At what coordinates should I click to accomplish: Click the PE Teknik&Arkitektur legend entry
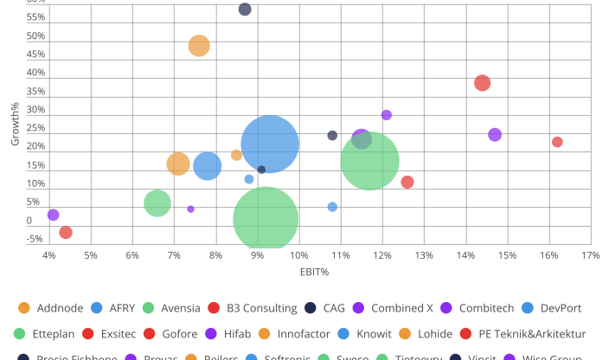[x=535, y=333]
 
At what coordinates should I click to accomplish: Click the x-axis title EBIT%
[x=315, y=272]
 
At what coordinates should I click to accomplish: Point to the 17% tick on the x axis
[x=590, y=255]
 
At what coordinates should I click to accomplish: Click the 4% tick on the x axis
[x=49, y=255]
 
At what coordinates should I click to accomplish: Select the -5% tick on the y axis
[x=36, y=240]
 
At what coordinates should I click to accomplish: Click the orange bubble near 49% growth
[x=199, y=46]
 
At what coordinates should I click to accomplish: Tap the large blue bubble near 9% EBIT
[x=270, y=144]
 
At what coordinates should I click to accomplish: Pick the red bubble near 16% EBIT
[x=557, y=142]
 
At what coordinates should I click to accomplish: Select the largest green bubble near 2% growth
[x=266, y=219]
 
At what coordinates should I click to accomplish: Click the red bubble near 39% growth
[x=482, y=83]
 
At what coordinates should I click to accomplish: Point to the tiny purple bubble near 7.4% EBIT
[x=190, y=209]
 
